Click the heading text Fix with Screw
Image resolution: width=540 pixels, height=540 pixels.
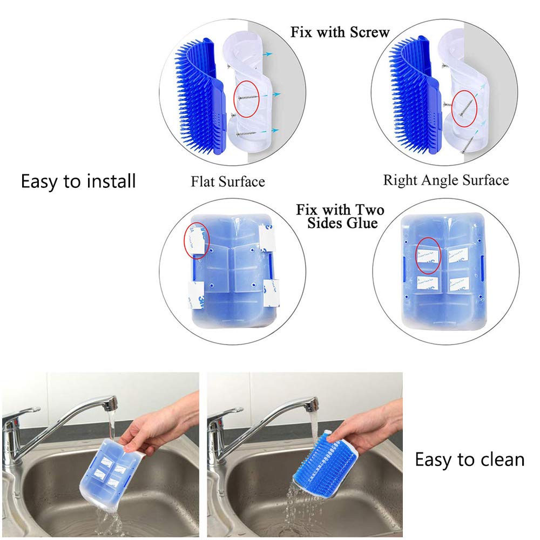coord(340,32)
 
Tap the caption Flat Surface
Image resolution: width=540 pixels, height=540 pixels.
coord(227,181)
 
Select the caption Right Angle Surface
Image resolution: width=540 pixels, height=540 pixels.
coord(446,180)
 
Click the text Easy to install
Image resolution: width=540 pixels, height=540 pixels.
coord(78,181)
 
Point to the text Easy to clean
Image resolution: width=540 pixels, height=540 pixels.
coord(469,460)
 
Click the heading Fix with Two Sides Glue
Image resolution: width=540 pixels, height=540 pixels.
coord(340,216)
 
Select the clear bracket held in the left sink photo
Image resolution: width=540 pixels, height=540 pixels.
coord(110,473)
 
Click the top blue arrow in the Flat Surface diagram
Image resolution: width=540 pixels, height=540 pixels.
coord(268,54)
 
